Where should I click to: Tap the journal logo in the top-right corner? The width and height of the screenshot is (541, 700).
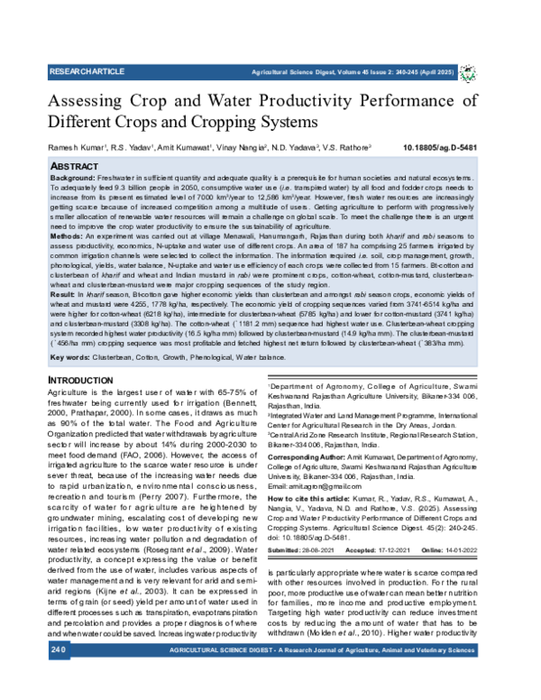(469, 71)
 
